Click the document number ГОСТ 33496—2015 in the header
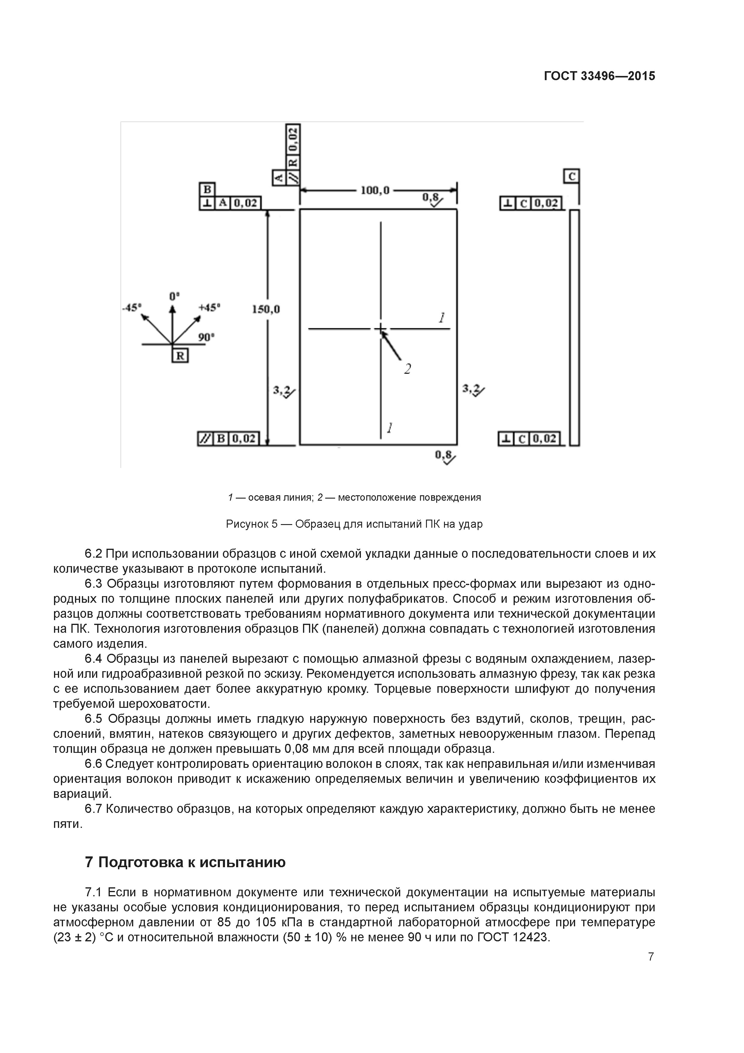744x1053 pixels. tap(599, 76)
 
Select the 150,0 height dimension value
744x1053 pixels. tap(265, 309)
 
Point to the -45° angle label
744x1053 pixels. tap(132, 307)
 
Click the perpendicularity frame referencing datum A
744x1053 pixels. tap(230, 203)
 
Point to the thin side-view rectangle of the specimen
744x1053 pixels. tap(574, 327)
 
